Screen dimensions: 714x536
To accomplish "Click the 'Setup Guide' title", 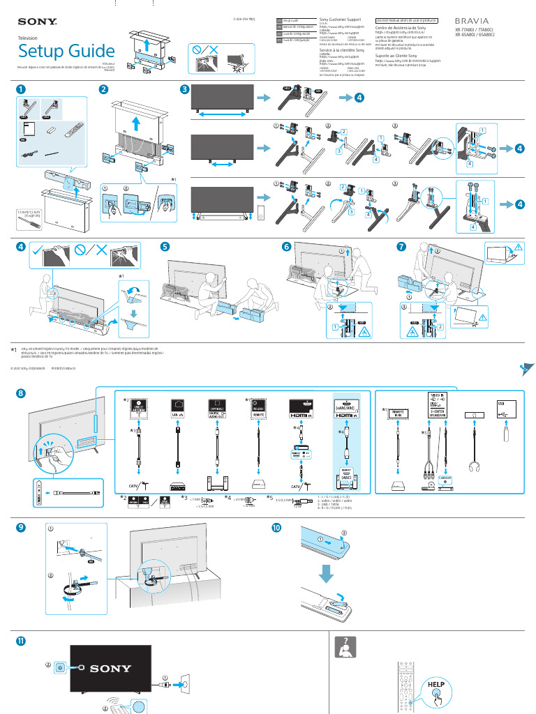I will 66,51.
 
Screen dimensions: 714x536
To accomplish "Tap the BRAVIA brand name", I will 477,22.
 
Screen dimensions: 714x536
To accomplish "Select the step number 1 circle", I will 22,89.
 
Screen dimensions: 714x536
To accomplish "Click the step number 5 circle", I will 165,247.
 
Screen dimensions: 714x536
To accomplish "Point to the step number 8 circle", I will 22,394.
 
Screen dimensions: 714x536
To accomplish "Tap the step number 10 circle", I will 277,528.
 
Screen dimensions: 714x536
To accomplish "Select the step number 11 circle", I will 22,640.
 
